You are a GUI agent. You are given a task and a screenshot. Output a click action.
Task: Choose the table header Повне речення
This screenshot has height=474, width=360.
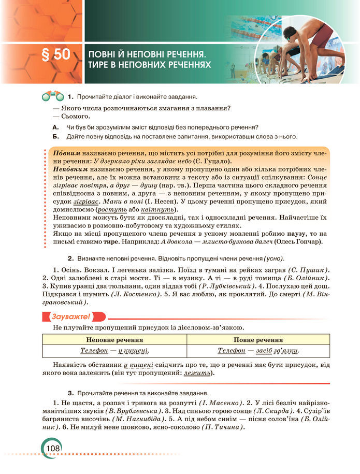pos(258,340)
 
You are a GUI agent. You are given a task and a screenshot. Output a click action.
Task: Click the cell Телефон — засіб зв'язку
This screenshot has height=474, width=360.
pos(258,351)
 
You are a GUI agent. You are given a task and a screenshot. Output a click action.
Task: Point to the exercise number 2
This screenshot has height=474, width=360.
pos(70,258)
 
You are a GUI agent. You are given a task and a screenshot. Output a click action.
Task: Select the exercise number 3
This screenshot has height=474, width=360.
pos(70,393)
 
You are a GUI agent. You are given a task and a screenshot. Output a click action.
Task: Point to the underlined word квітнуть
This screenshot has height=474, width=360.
pos(162,209)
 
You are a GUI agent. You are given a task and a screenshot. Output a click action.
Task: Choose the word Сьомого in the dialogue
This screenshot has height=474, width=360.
pos(77,117)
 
